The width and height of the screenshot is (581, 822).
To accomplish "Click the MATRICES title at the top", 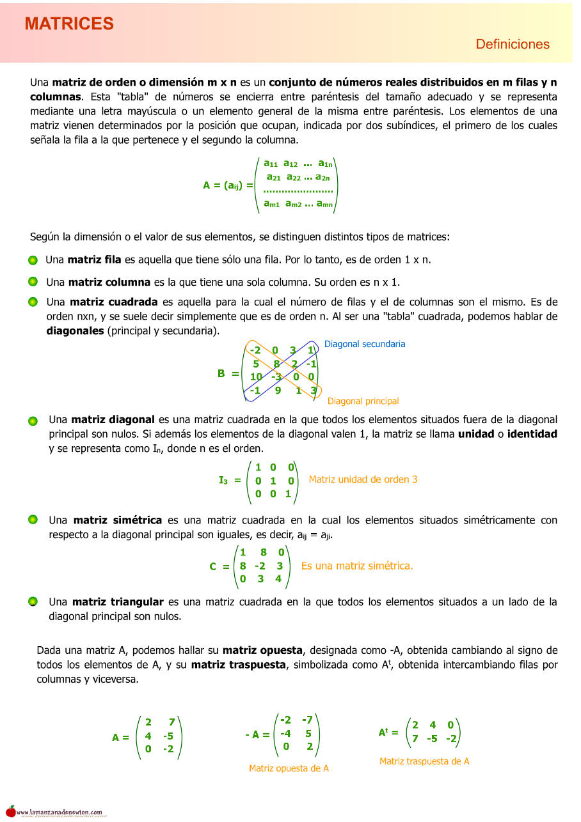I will coord(69,24).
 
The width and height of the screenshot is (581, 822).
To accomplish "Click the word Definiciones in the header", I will coord(513,44).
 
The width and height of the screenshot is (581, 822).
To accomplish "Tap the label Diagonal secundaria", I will coord(365,344).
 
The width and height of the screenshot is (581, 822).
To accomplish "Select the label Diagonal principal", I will coord(363,401).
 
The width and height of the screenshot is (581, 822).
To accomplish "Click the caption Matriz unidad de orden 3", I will coord(363,479).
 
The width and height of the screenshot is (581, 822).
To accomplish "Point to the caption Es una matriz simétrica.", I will coord(357,566).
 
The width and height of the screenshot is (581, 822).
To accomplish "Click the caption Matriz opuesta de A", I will coord(289,768).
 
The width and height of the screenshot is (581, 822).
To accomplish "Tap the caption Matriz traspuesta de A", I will coord(424,761).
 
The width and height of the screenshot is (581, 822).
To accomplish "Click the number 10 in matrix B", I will coord(256,376).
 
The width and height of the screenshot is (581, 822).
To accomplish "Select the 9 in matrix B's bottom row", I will coord(278,390).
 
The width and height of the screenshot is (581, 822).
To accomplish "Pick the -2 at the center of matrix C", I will coord(260,566).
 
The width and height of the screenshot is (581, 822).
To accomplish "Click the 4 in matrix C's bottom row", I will coord(278,579).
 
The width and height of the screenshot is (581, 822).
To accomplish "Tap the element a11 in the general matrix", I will coord(270,164).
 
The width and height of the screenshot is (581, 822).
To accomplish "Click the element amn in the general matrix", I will coord(324,204).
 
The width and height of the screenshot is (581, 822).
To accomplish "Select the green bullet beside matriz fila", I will coord(33,260).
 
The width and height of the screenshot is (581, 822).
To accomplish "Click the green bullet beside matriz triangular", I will coord(33,602).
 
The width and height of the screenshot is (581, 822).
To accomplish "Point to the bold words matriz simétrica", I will coord(117,520).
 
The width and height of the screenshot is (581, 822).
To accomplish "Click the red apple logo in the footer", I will coord(10,810).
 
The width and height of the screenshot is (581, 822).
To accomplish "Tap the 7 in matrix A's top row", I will coord(171,722).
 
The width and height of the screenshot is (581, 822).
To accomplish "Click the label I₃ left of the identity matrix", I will coord(223,480).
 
